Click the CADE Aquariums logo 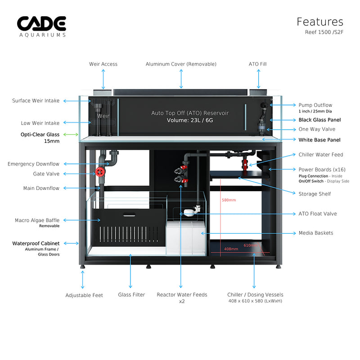[x=41, y=26]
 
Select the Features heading [x=319, y=22]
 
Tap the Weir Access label [x=103, y=64]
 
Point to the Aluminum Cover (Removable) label [x=181, y=64]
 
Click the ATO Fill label [x=258, y=64]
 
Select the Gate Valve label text [x=46, y=174]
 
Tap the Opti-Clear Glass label [x=40, y=134]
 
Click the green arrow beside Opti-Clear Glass [x=71, y=134]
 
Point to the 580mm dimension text [x=229, y=200]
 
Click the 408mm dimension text [x=231, y=249]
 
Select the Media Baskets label [x=316, y=233]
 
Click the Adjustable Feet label [x=84, y=295]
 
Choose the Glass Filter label [x=131, y=295]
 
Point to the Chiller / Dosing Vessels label [x=255, y=295]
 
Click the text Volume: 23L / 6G [x=190, y=120]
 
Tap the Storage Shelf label [x=315, y=194]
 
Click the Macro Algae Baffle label [x=37, y=220]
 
